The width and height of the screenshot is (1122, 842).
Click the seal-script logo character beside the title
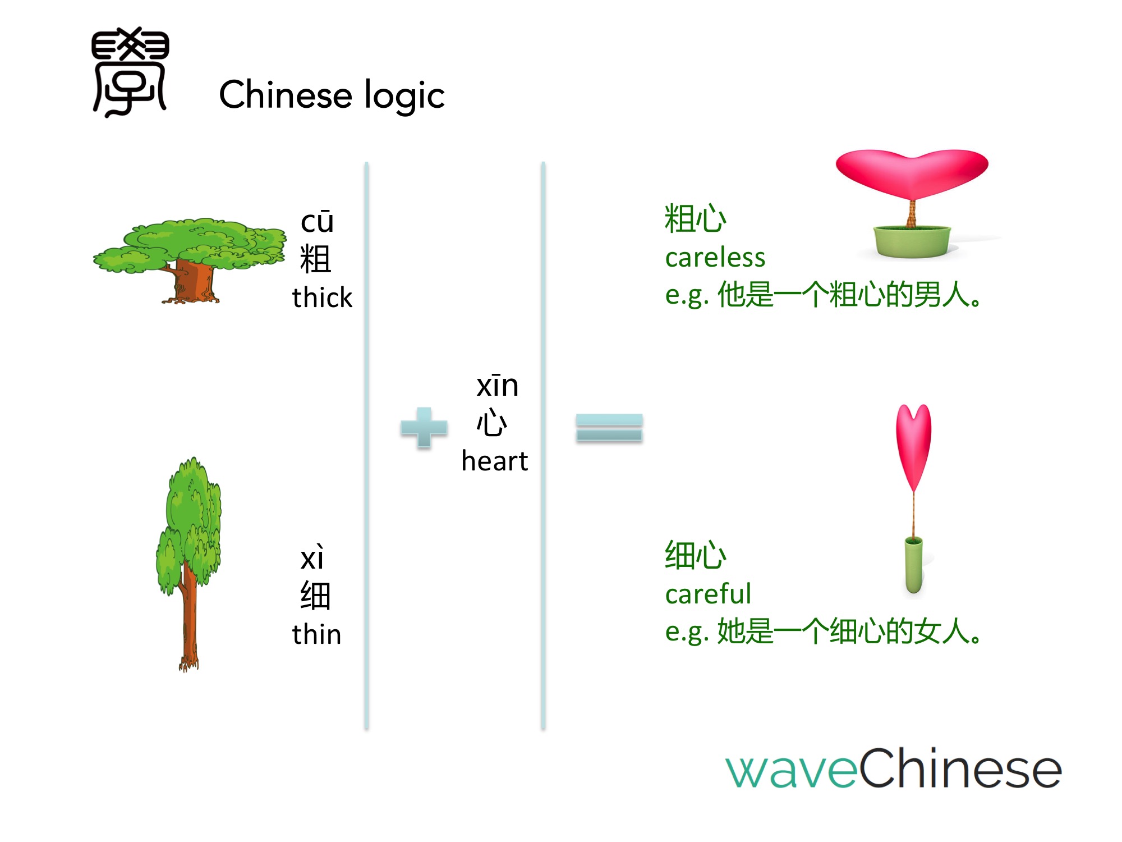tap(130, 72)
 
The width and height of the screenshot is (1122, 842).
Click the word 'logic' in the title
tap(404, 95)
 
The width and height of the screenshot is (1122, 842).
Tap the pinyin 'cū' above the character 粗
tap(318, 221)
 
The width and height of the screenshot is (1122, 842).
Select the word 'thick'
tap(322, 297)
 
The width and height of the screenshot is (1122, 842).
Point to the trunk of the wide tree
tap(194, 281)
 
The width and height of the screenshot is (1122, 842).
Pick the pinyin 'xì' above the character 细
tap(312, 557)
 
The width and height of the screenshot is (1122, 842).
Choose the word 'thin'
tap(316, 634)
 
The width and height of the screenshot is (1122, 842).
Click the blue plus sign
tap(424, 428)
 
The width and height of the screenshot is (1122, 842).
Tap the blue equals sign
tap(609, 428)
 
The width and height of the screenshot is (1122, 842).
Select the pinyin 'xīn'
tap(498, 386)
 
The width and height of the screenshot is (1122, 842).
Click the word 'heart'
tap(495, 461)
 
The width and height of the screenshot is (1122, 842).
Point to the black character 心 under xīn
tap(492, 423)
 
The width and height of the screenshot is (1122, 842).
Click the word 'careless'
tap(715, 258)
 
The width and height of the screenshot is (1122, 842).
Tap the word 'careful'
tap(708, 593)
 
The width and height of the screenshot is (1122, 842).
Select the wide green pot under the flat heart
tap(912, 241)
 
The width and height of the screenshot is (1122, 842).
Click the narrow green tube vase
tap(914, 565)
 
